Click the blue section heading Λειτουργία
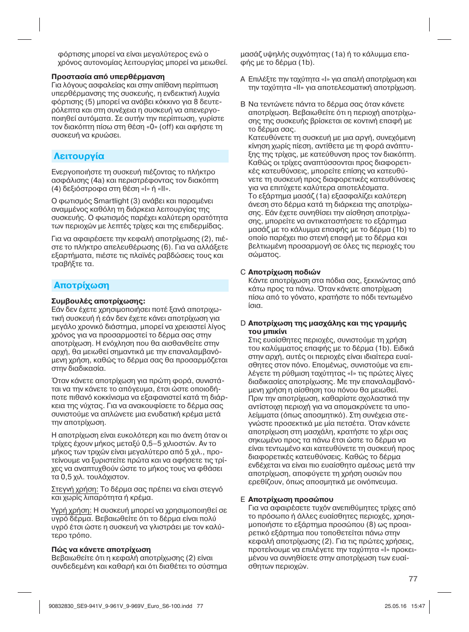tap(79, 156)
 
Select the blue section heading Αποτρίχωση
tap(82, 285)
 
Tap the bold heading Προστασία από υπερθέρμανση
tap(108, 77)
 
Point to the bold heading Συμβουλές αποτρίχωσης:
tap(98, 301)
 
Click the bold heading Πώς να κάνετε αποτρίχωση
tap(101, 550)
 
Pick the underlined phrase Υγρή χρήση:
tap(71, 510)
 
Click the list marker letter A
tap(242, 79)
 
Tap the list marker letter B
tap(242, 104)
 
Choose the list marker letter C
tap(242, 272)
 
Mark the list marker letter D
tap(243, 323)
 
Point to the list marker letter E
tap(242, 499)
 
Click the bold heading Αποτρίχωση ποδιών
tap(284, 272)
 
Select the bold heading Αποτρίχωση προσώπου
tap(291, 499)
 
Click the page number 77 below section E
tap(413, 579)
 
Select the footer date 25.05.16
tap(395, 606)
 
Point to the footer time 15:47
tap(418, 606)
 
